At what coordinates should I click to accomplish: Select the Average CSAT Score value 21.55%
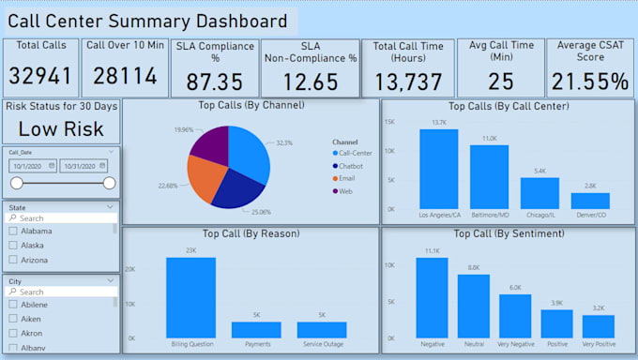coord(589,82)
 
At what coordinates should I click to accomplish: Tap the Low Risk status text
coord(62,129)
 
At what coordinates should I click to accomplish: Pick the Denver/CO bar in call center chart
coord(590,201)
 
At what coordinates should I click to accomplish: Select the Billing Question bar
coord(190,297)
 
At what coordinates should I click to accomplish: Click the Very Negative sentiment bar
coord(515,316)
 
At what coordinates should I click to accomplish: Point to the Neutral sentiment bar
coord(473,306)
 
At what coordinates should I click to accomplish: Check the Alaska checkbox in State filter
coord(12,245)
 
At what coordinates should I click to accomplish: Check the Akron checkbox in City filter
coord(12,333)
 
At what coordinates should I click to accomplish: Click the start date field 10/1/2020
coord(33,165)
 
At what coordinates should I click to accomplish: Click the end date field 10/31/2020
coord(84,165)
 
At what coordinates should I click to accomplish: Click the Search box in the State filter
coord(62,217)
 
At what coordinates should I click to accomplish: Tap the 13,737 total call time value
coord(407,82)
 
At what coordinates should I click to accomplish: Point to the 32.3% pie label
coord(284,142)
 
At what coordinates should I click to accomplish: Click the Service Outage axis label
coord(321,345)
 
